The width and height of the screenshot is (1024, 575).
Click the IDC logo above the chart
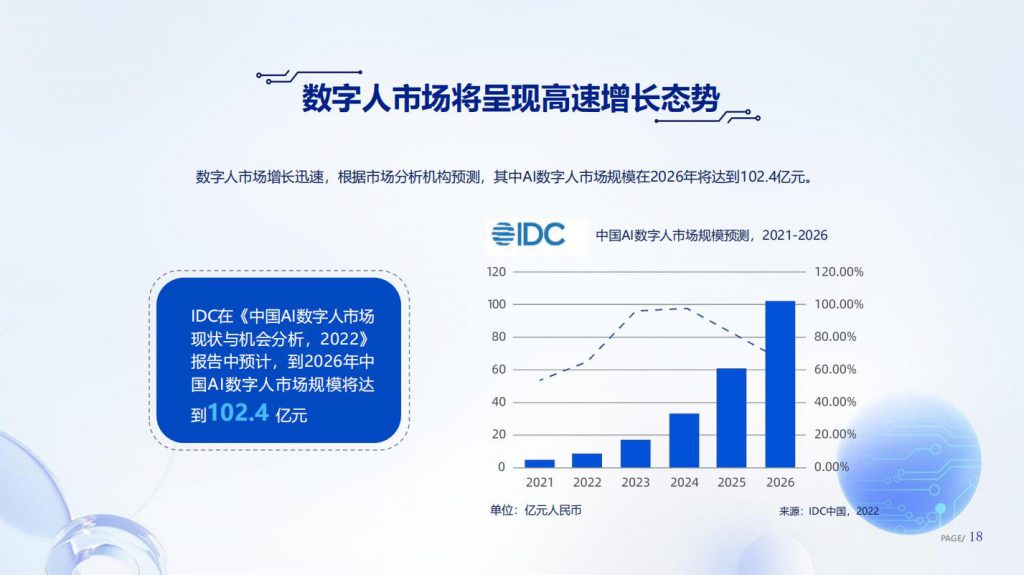tap(528, 234)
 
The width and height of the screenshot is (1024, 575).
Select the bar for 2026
tap(780, 384)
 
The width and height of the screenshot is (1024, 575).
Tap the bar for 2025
tap(731, 418)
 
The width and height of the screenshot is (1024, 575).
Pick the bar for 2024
tap(684, 440)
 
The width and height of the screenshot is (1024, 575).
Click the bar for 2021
tap(539, 463)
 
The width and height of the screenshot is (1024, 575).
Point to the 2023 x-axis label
tap(635, 482)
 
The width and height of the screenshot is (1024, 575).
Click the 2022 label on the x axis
tap(587, 482)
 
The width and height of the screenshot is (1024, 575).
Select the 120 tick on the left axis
tap(496, 272)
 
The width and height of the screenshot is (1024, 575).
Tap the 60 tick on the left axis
tap(499, 369)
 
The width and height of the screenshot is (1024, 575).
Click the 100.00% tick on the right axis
tap(839, 304)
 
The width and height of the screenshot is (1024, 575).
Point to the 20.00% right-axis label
tap(835, 435)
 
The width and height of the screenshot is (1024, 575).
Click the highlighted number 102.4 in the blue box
tap(238, 412)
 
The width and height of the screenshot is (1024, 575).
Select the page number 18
tap(976, 536)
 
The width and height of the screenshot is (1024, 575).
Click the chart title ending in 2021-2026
tap(711, 235)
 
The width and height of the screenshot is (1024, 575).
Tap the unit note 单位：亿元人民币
tap(536, 510)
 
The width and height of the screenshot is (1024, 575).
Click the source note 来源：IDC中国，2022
tap(829, 511)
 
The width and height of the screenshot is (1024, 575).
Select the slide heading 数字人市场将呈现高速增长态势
tap(511, 99)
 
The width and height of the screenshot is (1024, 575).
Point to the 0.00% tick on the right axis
tap(831, 467)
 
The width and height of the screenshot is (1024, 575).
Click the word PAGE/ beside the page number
tap(952, 538)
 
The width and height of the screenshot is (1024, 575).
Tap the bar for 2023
tap(635, 453)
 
